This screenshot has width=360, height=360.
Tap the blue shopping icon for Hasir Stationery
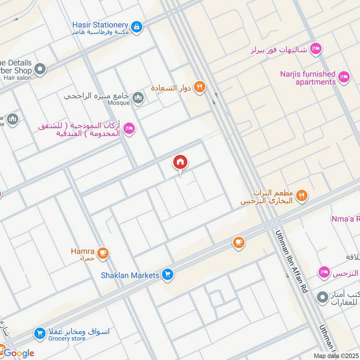click(137, 27)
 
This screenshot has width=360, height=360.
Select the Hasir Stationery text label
click(100, 25)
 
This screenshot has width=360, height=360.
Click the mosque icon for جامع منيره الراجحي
click(138, 98)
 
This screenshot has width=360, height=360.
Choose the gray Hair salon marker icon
click(40, 69)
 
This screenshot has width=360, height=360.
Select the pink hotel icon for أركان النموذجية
click(129, 129)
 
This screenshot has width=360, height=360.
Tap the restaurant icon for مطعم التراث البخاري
click(302, 195)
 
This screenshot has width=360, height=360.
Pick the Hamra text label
click(82, 251)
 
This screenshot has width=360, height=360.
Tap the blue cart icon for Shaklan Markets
click(168, 274)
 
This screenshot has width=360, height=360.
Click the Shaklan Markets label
click(130, 275)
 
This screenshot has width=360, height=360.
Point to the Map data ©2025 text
click(336, 355)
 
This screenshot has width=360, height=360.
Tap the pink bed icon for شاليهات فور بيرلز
click(316, 49)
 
